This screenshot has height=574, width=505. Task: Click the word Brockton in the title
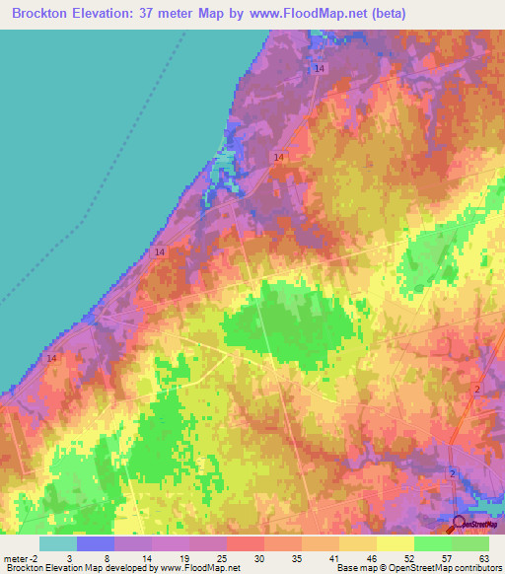tap(46, 14)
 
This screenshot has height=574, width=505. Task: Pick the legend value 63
tap(483, 558)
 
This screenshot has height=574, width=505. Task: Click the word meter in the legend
tap(17, 558)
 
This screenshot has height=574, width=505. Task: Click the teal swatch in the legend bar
tap(57, 543)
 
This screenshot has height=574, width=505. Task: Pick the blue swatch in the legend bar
tap(95, 543)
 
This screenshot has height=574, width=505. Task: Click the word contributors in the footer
tap(469, 569)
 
